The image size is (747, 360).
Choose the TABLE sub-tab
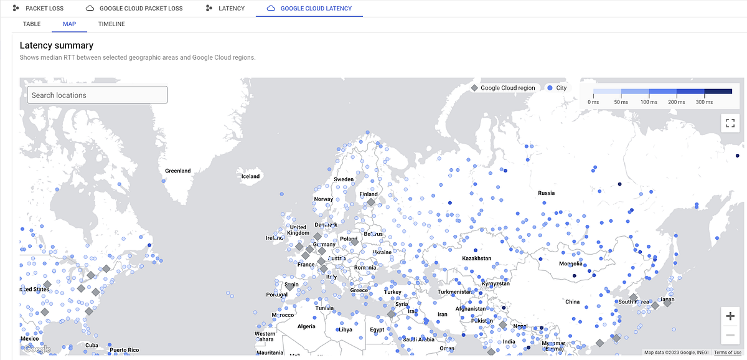coord(32,24)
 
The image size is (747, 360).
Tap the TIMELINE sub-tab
coord(111,24)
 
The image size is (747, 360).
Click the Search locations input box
coord(97,95)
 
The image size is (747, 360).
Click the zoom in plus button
coord(730,316)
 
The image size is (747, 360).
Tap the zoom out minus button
coord(730,336)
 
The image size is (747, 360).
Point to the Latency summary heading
coord(57,45)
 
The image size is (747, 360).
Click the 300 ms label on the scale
coord(703,102)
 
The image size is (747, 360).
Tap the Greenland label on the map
coord(177,171)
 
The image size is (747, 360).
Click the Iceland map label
coord(250,177)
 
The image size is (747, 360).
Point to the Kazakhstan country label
coord(476,258)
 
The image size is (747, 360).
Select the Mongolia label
coord(571,264)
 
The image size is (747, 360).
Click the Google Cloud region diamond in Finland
coord(371,202)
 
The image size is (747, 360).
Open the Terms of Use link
coord(727,353)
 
